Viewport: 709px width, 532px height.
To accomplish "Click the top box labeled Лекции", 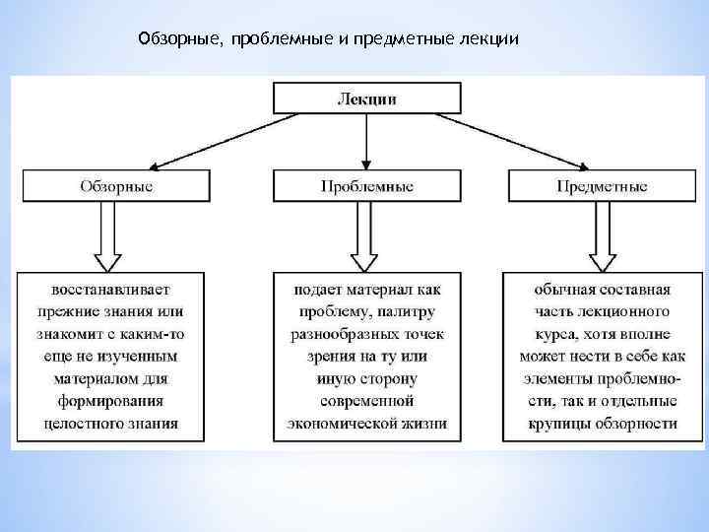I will click(366, 98).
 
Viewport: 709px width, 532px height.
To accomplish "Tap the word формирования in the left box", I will click(111, 401).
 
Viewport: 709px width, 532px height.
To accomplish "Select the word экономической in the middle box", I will click(339, 424).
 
